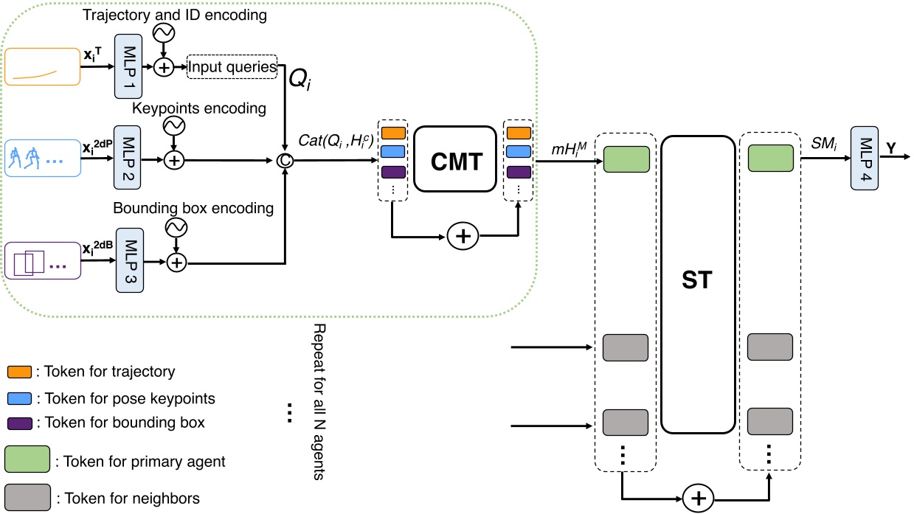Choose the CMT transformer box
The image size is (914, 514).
click(x=457, y=159)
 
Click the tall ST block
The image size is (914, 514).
click(x=697, y=283)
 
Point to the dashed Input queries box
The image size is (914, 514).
click(x=232, y=66)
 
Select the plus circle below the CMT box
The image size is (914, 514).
click(x=463, y=236)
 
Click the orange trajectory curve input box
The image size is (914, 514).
click(x=42, y=66)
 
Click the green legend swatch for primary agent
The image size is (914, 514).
click(x=27, y=462)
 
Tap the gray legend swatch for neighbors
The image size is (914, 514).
click(x=27, y=498)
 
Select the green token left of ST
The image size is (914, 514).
click(x=626, y=159)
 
